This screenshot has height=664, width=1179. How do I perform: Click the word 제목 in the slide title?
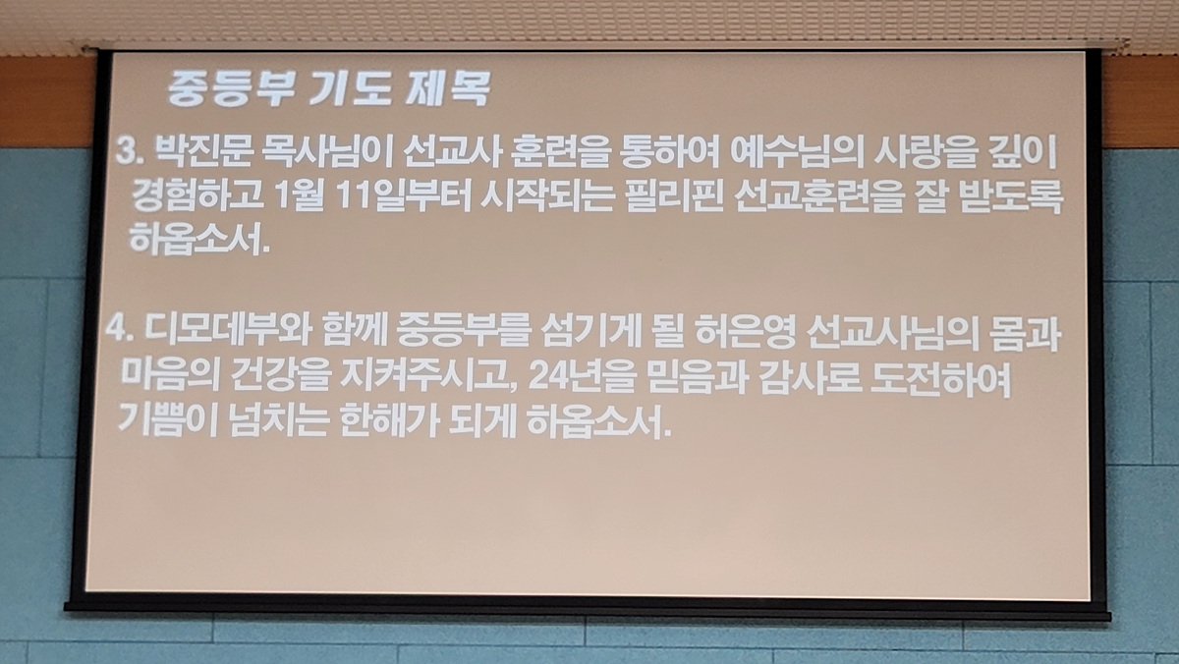[x=448, y=87]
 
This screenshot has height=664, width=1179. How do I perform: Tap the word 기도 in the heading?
[x=350, y=87]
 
